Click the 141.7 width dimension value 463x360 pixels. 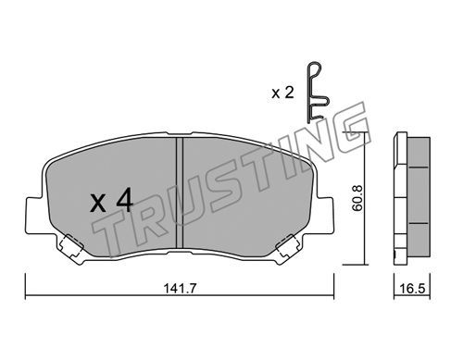180,289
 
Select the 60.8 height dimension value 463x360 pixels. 358,198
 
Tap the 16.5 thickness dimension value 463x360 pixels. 412,289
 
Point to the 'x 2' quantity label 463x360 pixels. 282,93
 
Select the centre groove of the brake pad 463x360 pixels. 180,192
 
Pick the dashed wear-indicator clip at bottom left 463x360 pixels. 72,245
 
